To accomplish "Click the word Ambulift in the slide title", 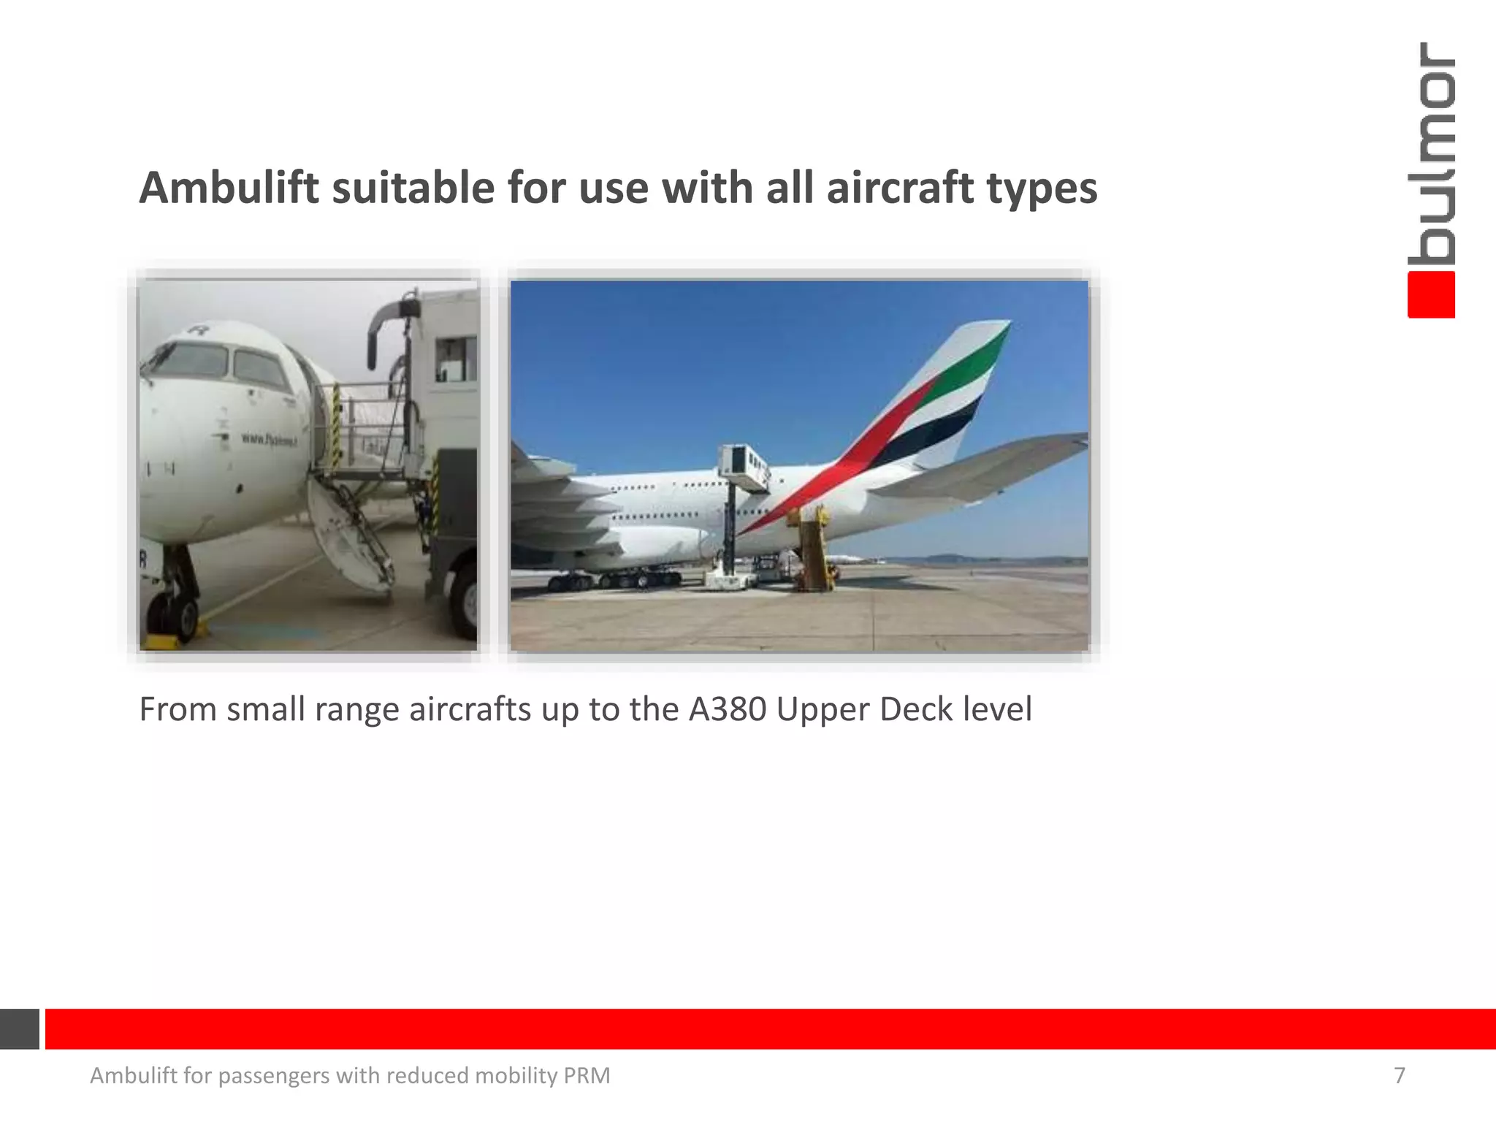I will pyautogui.click(x=229, y=188).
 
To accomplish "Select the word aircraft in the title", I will pyautogui.click(x=900, y=188).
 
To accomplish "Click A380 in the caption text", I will pyautogui.click(x=728, y=709).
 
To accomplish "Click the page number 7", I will pyautogui.click(x=1399, y=1075).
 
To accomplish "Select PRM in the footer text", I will pyautogui.click(x=587, y=1075).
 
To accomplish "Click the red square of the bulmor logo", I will pyautogui.click(x=1431, y=295).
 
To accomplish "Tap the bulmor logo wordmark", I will pyautogui.click(x=1431, y=153).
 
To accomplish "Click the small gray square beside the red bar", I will pyautogui.click(x=19, y=1028).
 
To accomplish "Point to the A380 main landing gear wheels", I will pyautogui.click(x=614, y=581).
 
